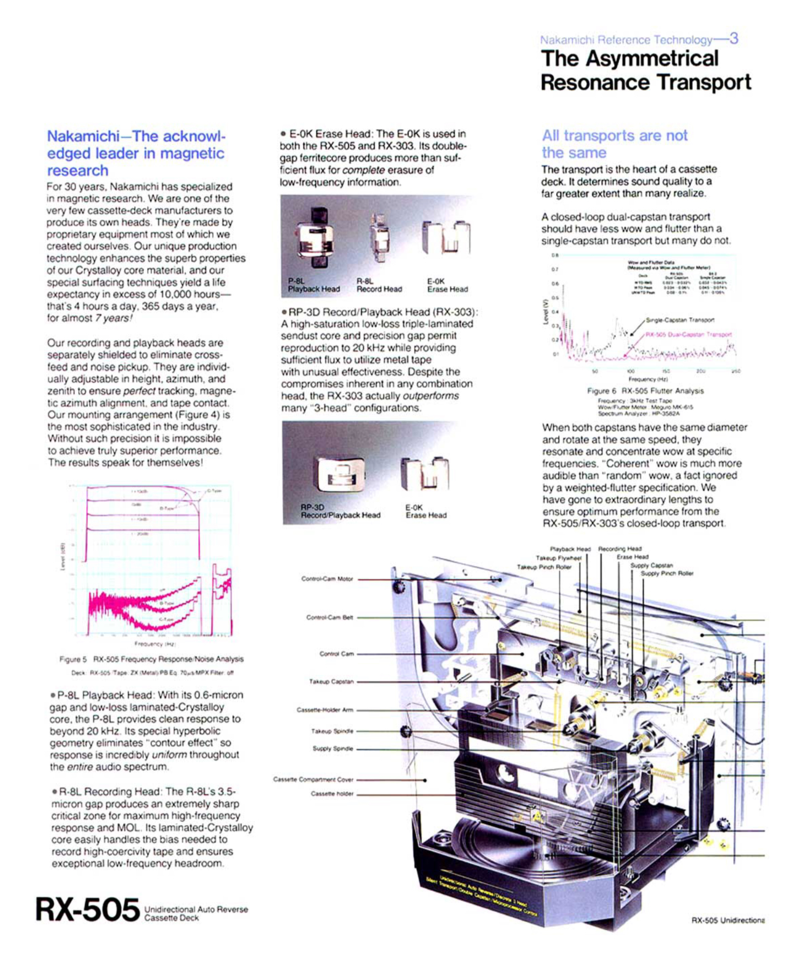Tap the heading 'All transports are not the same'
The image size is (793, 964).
(x=614, y=144)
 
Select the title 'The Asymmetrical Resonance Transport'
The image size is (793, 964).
(x=645, y=71)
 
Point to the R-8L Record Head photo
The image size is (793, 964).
(x=379, y=237)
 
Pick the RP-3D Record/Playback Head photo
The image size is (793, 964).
(x=340, y=474)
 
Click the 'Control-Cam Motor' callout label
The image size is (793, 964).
(x=327, y=579)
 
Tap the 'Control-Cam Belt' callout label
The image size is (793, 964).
(x=329, y=617)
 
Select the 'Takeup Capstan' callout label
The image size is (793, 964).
(x=331, y=681)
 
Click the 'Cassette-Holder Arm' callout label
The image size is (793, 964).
(x=325, y=710)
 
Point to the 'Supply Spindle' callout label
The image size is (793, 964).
(x=332, y=749)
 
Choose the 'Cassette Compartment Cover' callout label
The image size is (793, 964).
(x=313, y=779)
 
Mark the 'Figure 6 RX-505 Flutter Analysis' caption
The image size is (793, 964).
(x=645, y=391)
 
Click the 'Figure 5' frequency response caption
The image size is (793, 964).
(x=151, y=659)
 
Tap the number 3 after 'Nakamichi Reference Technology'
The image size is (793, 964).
(x=733, y=39)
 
